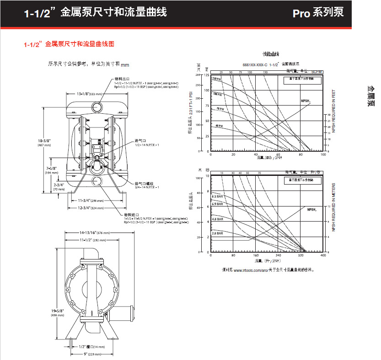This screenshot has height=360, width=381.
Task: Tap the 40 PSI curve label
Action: click(x=219, y=125)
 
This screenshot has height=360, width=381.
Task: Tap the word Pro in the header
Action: click(x=302, y=13)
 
